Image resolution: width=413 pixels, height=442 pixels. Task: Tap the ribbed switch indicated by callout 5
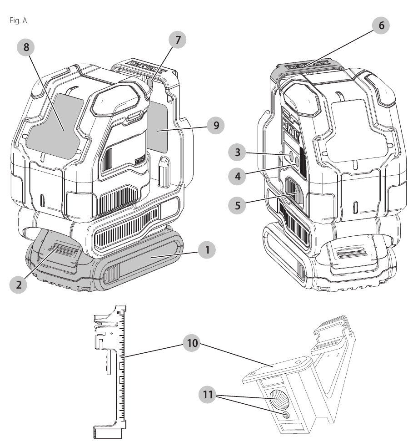coord(291,191)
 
